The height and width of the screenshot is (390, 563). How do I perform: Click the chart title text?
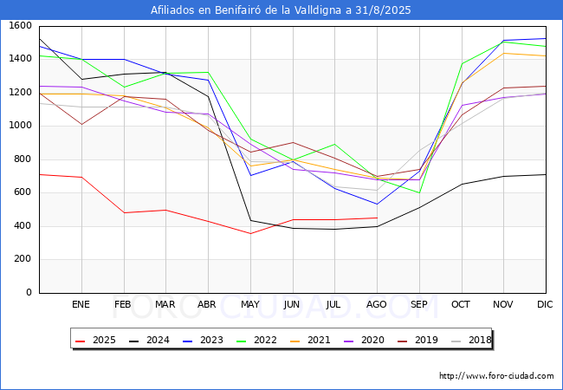click(281, 10)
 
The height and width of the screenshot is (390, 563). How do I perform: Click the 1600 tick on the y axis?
click(20, 26)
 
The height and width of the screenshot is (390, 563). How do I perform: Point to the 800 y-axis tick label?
click(23, 159)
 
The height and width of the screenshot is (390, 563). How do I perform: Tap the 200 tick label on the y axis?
click(23, 259)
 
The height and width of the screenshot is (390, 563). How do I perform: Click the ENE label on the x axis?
click(81, 304)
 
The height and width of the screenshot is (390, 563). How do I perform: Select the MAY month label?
click(249, 304)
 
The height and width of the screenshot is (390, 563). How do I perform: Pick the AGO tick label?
click(376, 304)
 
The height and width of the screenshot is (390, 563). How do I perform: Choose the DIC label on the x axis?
click(545, 304)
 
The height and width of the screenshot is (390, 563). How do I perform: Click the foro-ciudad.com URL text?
click(496, 376)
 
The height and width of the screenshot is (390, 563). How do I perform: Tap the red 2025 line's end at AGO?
click(377, 218)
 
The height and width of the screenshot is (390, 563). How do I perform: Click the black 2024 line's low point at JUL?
click(334, 229)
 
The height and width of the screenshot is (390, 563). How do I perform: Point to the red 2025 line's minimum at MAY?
click(250, 233)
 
